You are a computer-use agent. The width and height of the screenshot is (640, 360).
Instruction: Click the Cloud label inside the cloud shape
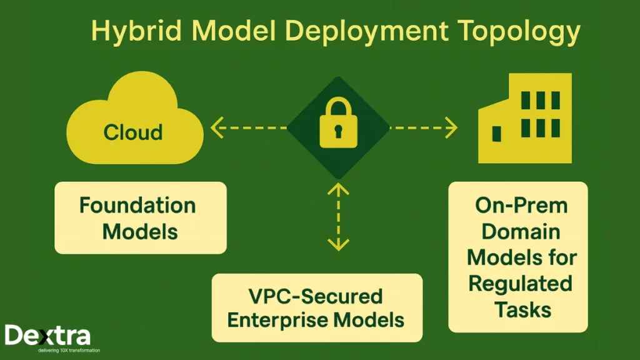coord(133,132)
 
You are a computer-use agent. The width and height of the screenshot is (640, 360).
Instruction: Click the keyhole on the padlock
coord(338,132)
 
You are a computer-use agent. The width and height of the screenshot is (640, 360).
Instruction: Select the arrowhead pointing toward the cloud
coord(217,127)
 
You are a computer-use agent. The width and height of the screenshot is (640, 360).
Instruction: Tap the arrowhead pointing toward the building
coord(451,127)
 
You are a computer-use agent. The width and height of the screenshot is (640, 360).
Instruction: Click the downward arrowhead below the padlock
coord(338,244)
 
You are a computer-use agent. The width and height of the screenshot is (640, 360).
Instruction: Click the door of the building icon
coord(497,134)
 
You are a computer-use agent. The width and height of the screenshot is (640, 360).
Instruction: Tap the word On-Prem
coord(520,206)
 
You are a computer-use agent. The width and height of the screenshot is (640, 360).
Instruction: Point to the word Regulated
coord(520,283)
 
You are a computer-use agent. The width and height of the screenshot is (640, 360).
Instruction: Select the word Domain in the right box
coord(521,231)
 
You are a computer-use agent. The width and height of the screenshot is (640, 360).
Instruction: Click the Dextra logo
coord(47,336)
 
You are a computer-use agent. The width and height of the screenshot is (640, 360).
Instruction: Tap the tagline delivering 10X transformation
coord(52,351)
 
